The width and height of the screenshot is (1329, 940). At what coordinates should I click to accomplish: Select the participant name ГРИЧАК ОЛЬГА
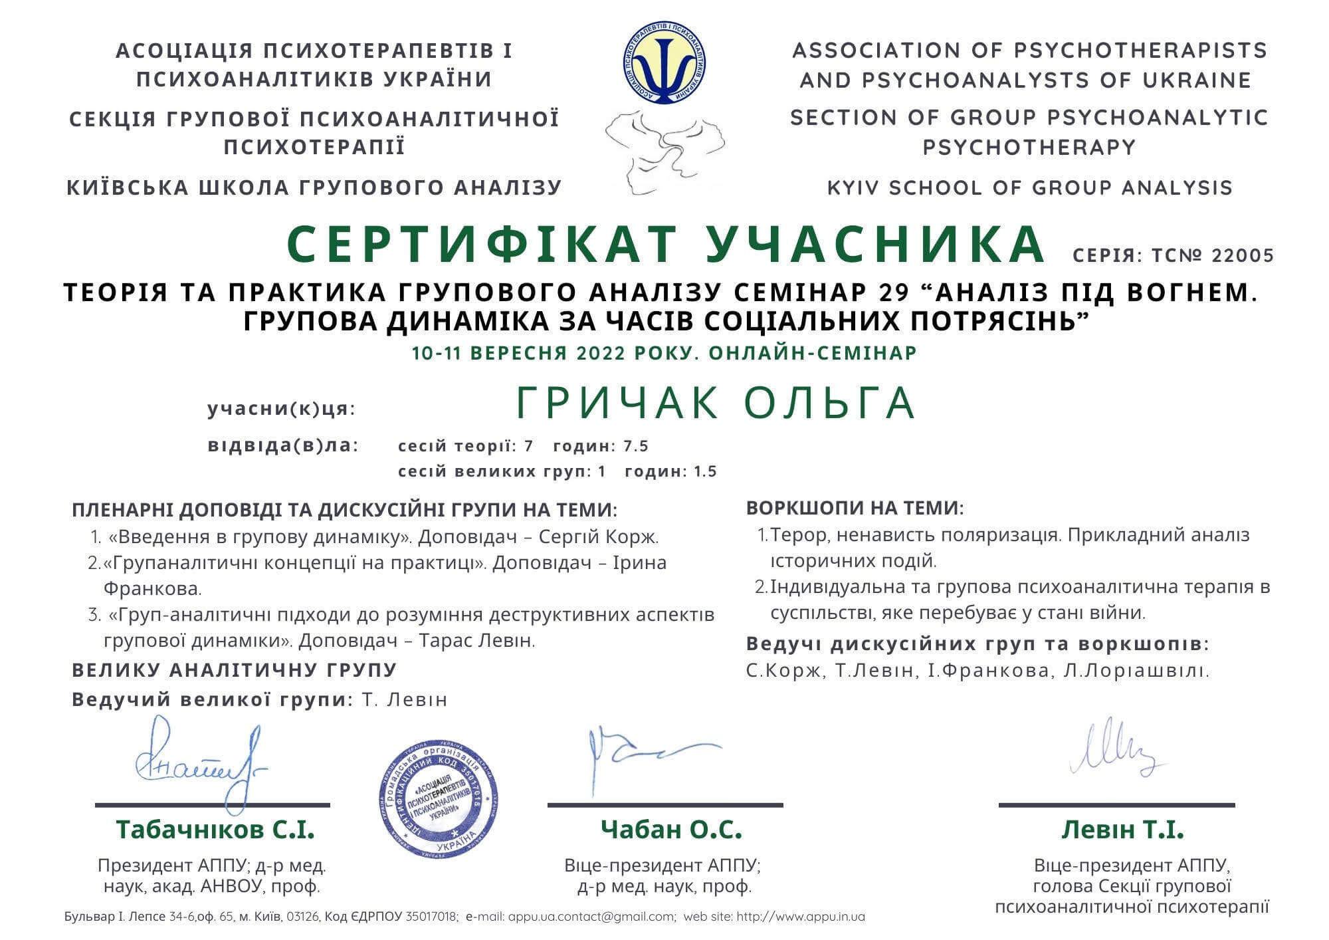click(x=716, y=402)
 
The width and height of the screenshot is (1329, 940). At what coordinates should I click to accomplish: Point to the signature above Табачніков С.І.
click(x=199, y=764)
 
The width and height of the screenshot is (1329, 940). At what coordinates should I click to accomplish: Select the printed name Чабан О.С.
click(x=671, y=830)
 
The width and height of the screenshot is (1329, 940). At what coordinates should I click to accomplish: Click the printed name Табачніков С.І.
click(x=215, y=830)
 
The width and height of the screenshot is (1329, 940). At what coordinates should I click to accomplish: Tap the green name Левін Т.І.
click(x=1122, y=830)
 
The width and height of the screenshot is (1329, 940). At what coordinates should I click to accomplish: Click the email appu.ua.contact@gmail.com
click(x=591, y=917)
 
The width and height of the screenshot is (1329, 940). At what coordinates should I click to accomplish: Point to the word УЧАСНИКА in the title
click(x=872, y=245)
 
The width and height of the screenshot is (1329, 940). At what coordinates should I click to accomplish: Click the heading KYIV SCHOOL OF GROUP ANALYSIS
click(x=1029, y=187)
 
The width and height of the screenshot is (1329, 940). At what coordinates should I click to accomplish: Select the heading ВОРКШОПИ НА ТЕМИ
click(x=855, y=509)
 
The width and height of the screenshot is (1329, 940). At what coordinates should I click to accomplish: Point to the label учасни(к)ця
click(x=282, y=409)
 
